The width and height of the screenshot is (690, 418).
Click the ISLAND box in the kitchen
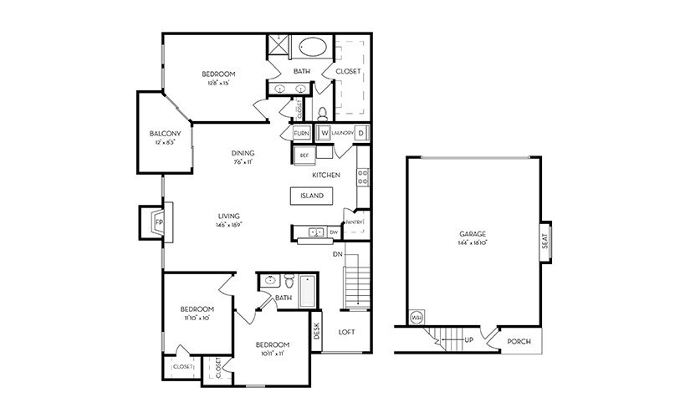pos(311,196)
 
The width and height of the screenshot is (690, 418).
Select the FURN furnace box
pos(301,133)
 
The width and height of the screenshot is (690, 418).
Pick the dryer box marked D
pos(361,133)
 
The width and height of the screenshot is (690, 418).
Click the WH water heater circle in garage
pos(417,318)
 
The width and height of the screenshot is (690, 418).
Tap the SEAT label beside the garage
pos(544,242)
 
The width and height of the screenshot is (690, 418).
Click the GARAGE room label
pos(473,234)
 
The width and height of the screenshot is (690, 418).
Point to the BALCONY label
pos(165,134)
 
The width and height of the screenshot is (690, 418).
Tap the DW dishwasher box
pos(334,232)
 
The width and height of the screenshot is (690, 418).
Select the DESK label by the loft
pos(317,332)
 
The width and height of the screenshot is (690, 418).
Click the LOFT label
pos(346,332)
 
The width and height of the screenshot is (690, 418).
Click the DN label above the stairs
pos(337,253)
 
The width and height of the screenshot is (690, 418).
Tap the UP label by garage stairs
pos(469,340)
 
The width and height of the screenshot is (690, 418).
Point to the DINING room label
pos(243,152)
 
